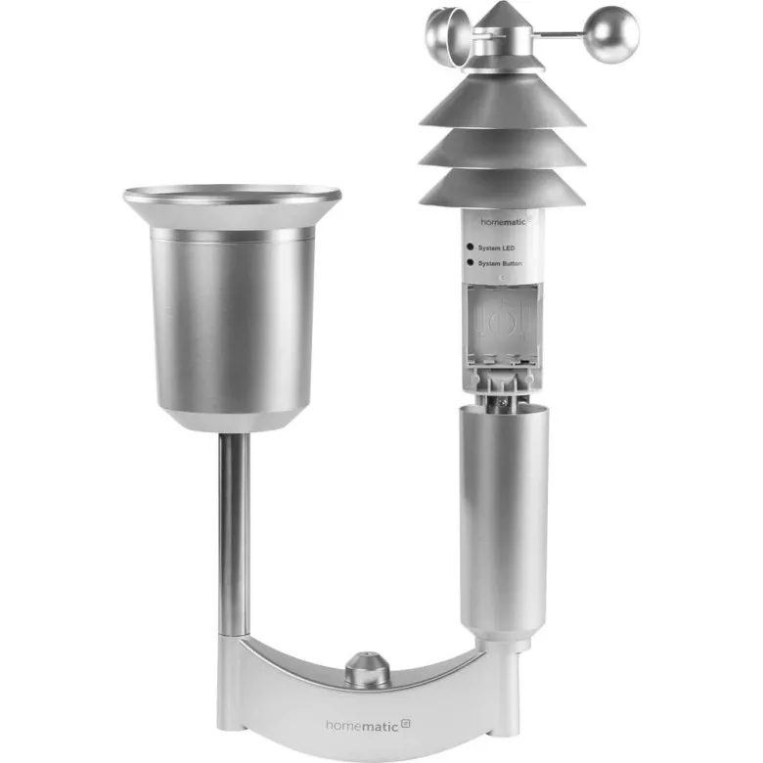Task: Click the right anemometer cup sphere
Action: coord(614,33)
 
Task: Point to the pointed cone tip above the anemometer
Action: coord(503,14)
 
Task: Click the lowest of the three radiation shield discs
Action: coord(502,188)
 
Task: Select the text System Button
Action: coord(506,264)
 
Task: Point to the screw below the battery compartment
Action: coord(501,398)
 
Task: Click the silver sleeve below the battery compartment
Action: coord(503,518)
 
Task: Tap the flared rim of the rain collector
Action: coord(233,197)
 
